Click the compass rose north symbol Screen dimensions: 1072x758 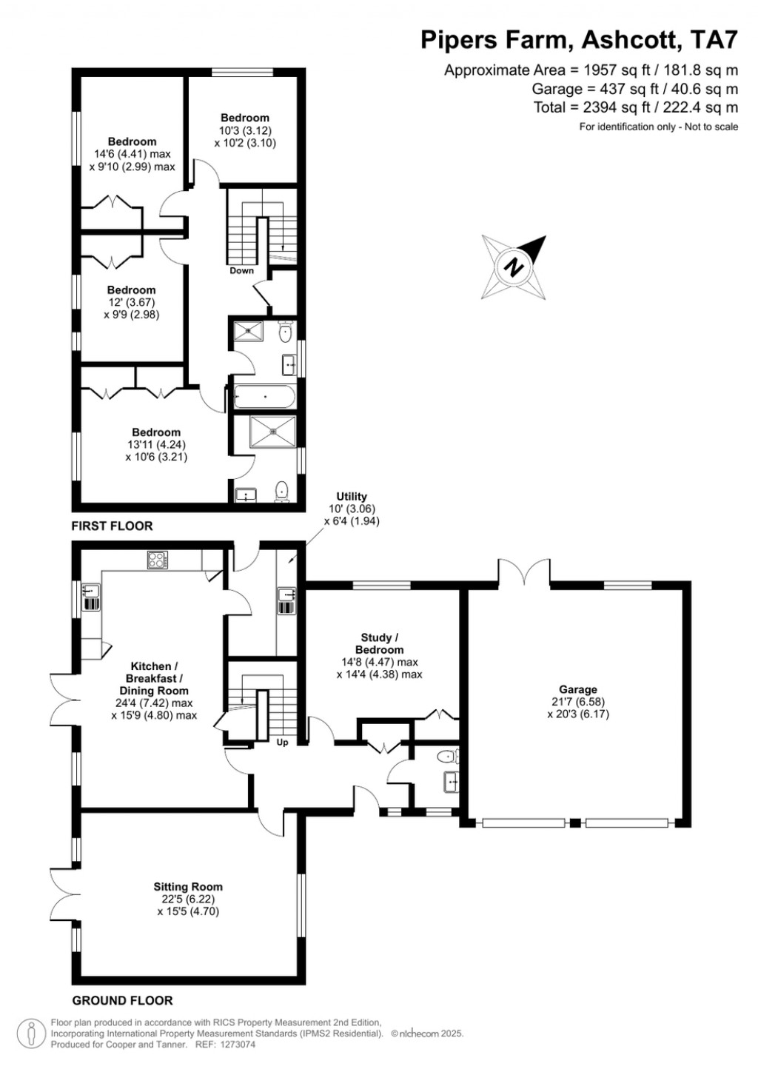[x=514, y=267]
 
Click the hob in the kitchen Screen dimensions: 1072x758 [x=157, y=560]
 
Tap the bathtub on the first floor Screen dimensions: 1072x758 [x=265, y=397]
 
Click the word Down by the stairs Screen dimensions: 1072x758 [x=241, y=271]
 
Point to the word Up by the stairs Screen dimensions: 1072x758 [x=282, y=743]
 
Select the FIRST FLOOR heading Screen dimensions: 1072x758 [x=112, y=526]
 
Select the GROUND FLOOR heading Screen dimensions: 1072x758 [x=122, y=1001]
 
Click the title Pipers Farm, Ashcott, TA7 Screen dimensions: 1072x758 [x=579, y=40]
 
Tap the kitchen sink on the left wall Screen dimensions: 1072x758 [x=91, y=596]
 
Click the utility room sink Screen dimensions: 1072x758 [x=286, y=600]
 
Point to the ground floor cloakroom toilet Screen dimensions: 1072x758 [x=447, y=756]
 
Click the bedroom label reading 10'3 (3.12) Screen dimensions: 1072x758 [x=245, y=130]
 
